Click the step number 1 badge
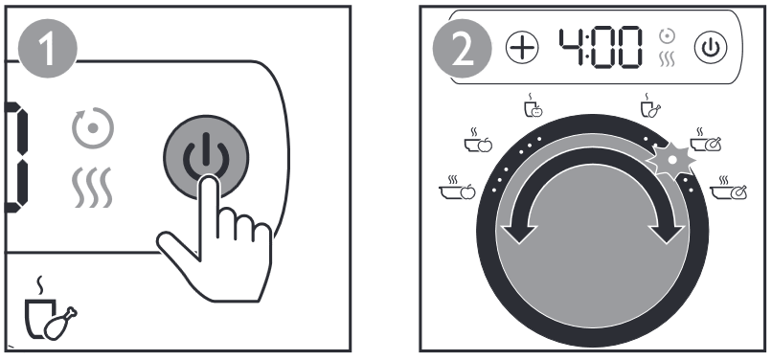point(47,50)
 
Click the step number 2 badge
point(462,48)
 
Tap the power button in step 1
point(206,157)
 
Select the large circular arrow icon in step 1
point(93,128)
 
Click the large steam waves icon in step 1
point(92,187)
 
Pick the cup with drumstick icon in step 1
point(50,309)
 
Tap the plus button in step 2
point(522,47)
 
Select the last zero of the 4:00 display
point(628,48)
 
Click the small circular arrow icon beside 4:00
point(668,36)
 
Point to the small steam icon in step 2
point(668,59)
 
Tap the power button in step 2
point(711,47)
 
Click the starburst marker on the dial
point(670,159)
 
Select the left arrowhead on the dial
point(519,233)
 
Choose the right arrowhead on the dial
point(666,233)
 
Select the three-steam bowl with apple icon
point(458,187)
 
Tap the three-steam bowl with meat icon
point(728,188)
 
